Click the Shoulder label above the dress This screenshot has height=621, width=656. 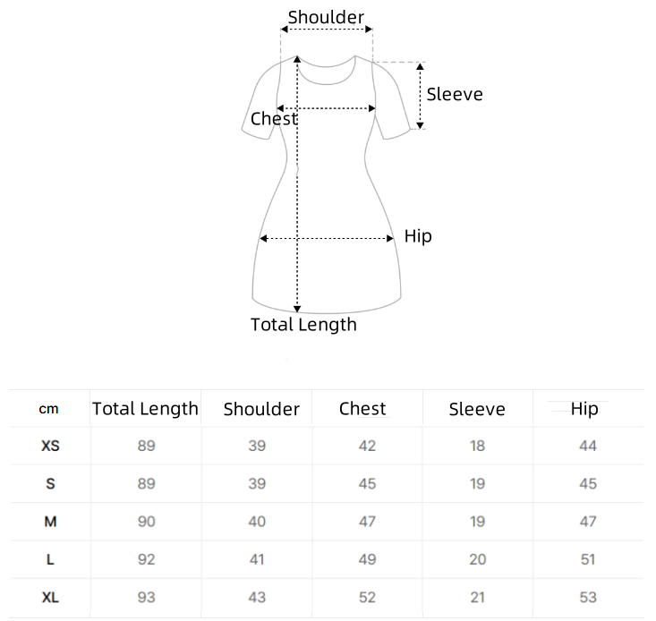coord(326,18)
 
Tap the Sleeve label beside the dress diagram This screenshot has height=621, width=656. coord(455,94)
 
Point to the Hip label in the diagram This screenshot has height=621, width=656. coord(418,237)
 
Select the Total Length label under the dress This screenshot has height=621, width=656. coord(303,325)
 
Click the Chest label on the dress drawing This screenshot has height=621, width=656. coord(274,119)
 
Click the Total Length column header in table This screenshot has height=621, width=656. coord(145,409)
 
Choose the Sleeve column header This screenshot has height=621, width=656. coord(477,409)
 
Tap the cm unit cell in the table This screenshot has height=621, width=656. coord(48,409)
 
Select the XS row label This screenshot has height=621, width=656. coord(50,446)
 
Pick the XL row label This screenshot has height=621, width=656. coord(50,597)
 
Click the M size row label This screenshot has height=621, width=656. coord(50,522)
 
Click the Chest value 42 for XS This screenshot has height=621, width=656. coord(367,446)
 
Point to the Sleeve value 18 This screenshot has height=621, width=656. coord(477,446)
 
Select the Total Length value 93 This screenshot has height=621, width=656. coord(147,597)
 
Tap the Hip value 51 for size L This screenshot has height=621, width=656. coord(587,559)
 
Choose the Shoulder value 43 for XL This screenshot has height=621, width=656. coord(257,597)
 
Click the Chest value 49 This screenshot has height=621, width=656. coord(367,559)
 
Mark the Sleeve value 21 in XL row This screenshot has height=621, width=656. coord(477,597)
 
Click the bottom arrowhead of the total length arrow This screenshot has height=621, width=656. coord(297,309)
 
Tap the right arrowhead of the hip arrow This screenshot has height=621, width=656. coord(390,238)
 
